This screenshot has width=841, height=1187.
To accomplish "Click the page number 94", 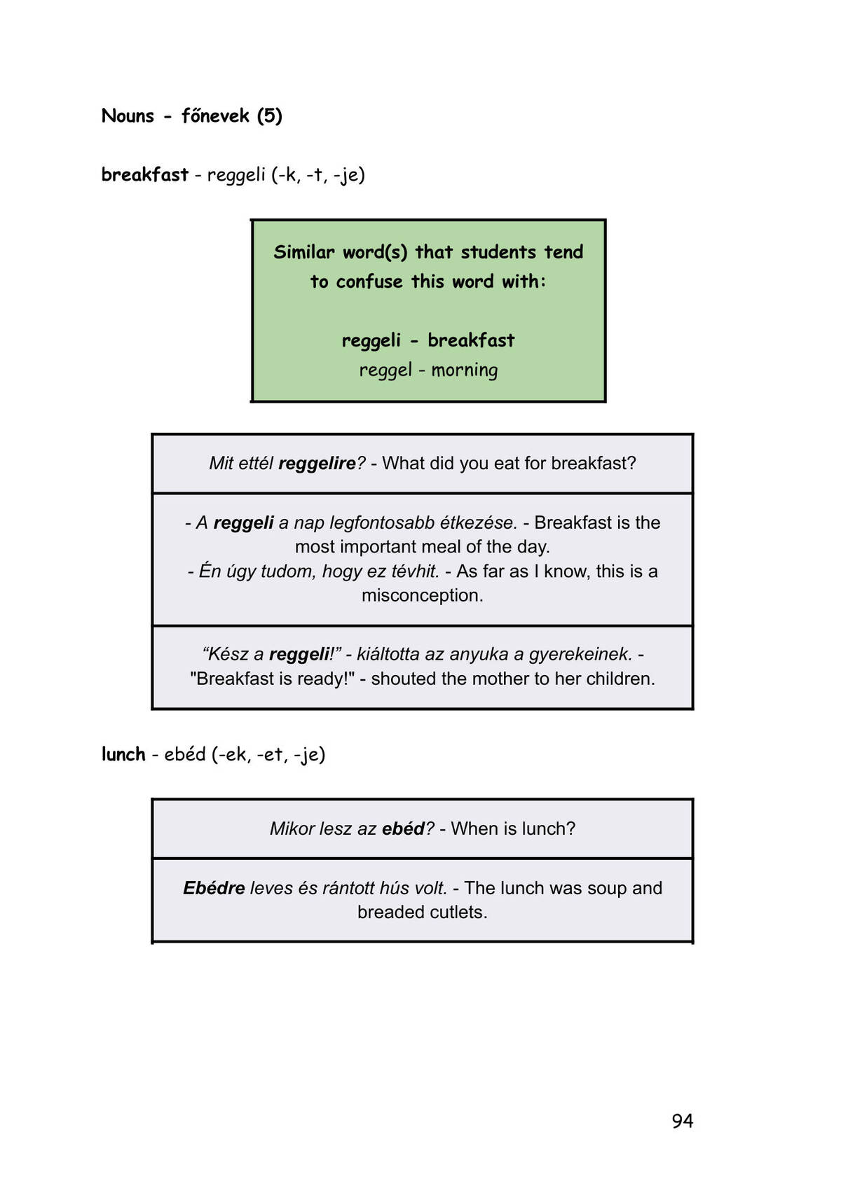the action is pyautogui.click(x=682, y=1120).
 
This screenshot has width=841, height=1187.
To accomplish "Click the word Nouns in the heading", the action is pyautogui.click(x=128, y=116).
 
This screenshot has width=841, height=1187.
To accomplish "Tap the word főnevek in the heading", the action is pyautogui.click(x=215, y=116).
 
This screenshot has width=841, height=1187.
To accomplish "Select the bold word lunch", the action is pyautogui.click(x=123, y=754).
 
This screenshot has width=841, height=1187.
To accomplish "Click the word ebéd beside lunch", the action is pyautogui.click(x=184, y=754).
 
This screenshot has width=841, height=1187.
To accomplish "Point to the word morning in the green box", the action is pyautogui.click(x=465, y=370).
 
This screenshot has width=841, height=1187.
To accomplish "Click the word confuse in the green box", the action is pyautogui.click(x=369, y=282).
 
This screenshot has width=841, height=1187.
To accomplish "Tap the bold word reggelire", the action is pyautogui.click(x=317, y=464).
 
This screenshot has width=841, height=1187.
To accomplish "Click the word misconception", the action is pyautogui.click(x=423, y=595).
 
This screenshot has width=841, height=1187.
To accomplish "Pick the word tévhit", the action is pyautogui.click(x=415, y=571).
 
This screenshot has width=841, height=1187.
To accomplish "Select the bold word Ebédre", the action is pyautogui.click(x=214, y=887).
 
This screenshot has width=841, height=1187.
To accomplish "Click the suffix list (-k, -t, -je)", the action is pyautogui.click(x=318, y=175).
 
